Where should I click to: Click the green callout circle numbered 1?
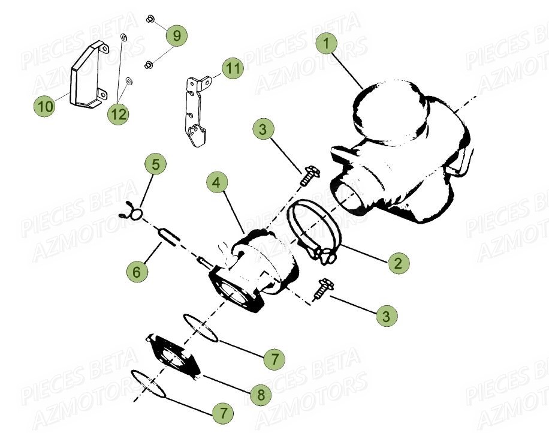pyautogui.click(x=327, y=44)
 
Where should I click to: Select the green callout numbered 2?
pyautogui.click(x=398, y=262)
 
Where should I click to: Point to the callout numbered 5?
pyautogui.click(x=155, y=164)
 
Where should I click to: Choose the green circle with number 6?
pyautogui.click(x=137, y=272)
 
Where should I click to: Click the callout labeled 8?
pyautogui.click(x=261, y=395)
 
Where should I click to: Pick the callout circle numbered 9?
pyautogui.click(x=176, y=35)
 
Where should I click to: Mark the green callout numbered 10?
pyautogui.click(x=44, y=107)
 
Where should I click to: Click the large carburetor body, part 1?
pyautogui.click(x=402, y=144)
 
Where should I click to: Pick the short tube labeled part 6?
pyautogui.click(x=168, y=236)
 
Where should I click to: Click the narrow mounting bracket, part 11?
pyautogui.click(x=194, y=111)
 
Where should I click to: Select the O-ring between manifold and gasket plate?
pyautogui.click(x=201, y=327)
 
